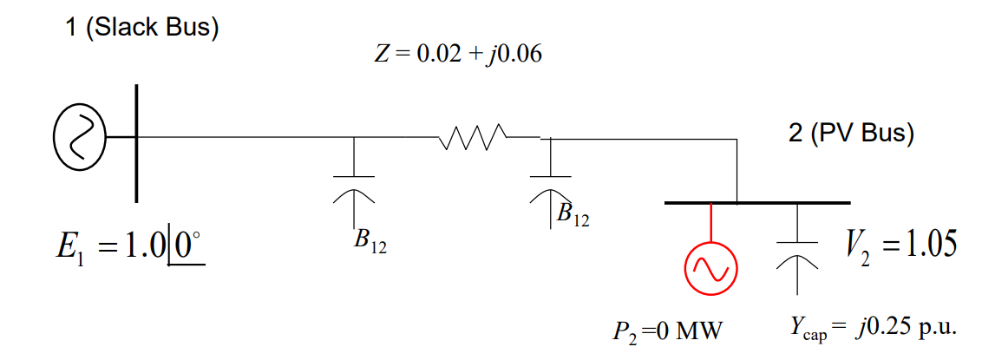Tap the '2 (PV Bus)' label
(x=851, y=134)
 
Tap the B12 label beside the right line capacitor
(x=573, y=213)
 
